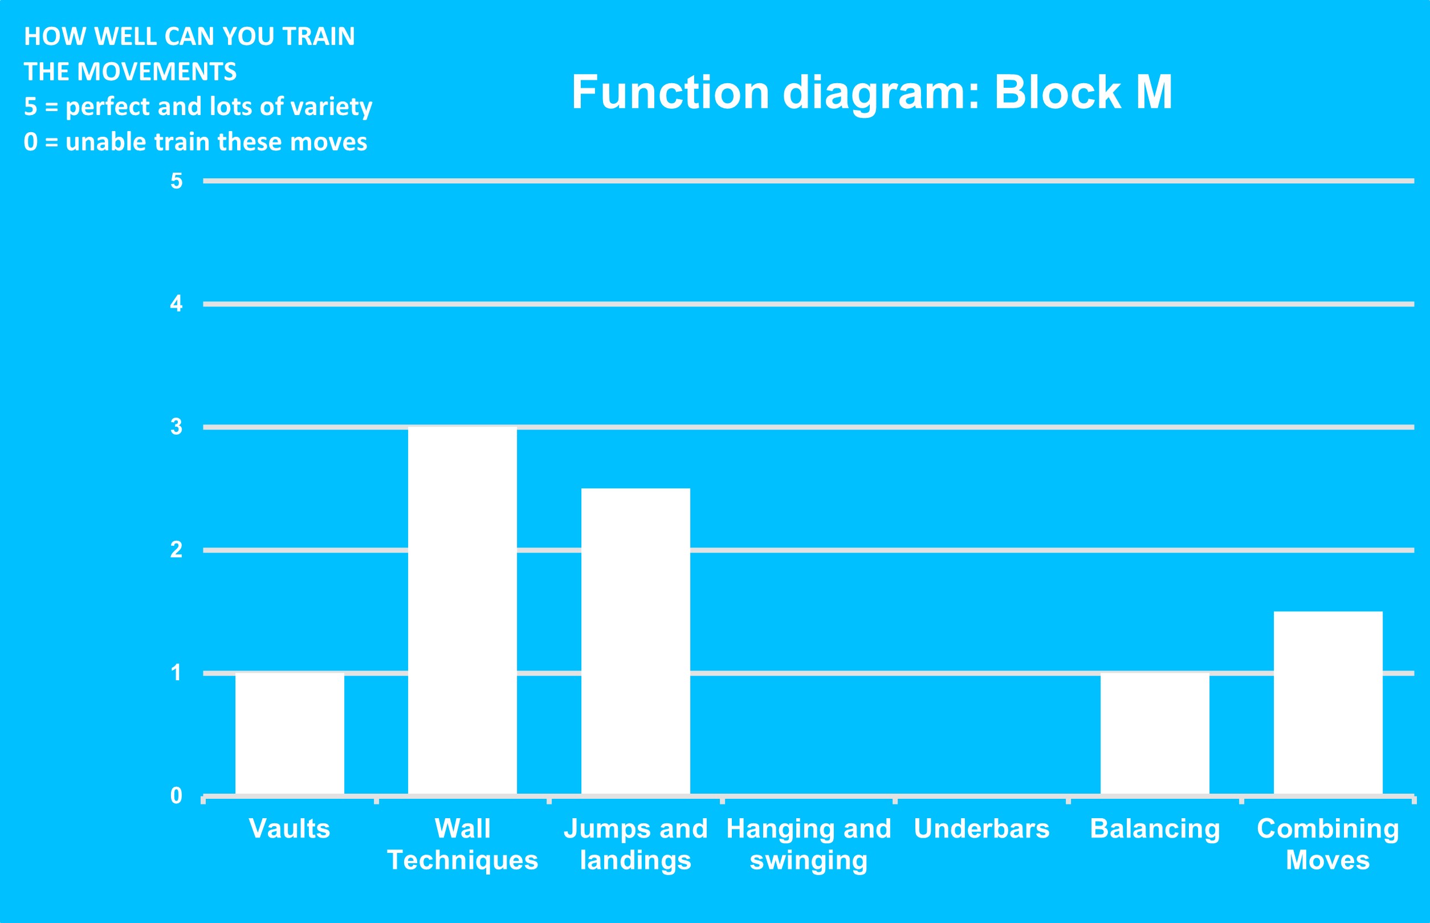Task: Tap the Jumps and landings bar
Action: coord(635,642)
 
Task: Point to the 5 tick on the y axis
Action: coord(176,181)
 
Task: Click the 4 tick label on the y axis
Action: coord(176,304)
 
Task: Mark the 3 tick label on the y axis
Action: coord(176,427)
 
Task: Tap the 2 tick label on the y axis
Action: coord(176,550)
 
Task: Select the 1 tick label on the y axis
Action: coord(176,672)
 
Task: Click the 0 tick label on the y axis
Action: coord(176,795)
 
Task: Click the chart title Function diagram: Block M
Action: coord(872,93)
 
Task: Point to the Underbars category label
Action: coord(981,829)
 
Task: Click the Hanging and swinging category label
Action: coord(809,845)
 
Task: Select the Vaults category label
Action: coord(290,829)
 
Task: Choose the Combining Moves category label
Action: coord(1328,845)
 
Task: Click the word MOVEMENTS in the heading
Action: coord(157,72)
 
